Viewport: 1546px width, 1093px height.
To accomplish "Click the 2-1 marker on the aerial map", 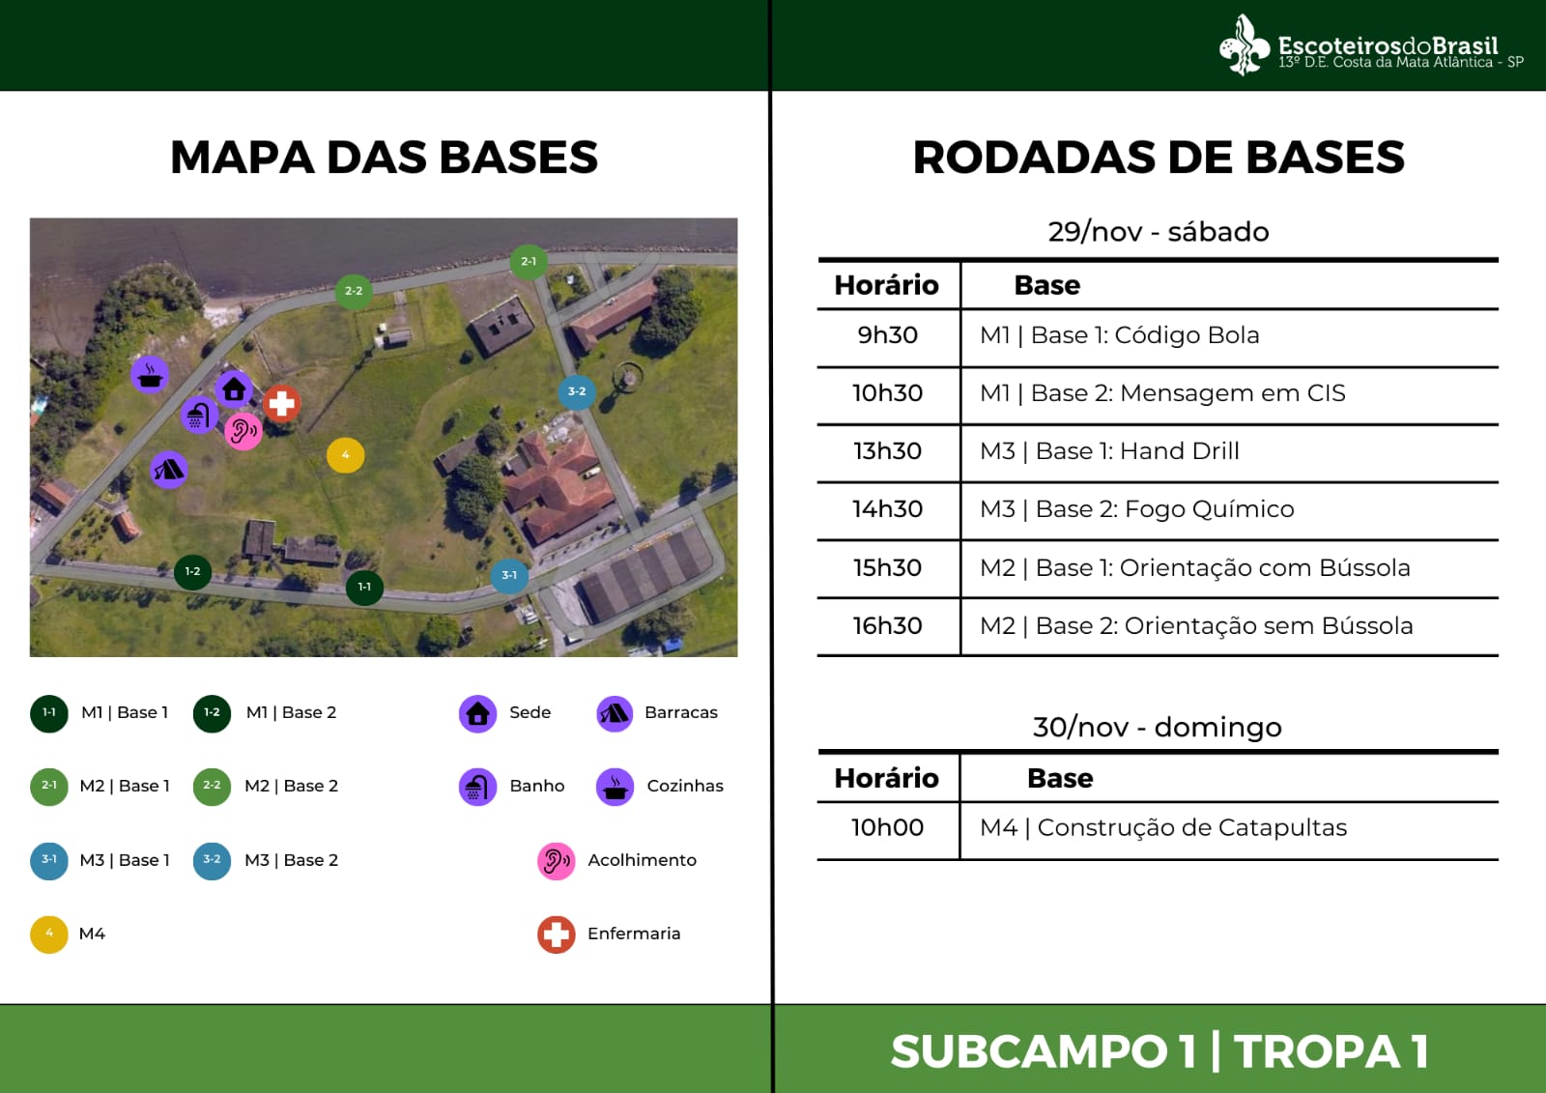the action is pyautogui.click(x=529, y=262).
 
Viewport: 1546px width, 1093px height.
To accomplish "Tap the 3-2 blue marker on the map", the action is pyautogui.click(x=577, y=391).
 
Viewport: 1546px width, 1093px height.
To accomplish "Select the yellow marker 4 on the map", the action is pyautogui.click(x=346, y=455).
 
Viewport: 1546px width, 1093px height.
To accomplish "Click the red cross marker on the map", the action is pyautogui.click(x=281, y=403).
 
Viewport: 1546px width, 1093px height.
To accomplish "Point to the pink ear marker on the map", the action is pyautogui.click(x=243, y=432).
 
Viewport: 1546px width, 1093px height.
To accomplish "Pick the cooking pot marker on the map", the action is pyautogui.click(x=150, y=375).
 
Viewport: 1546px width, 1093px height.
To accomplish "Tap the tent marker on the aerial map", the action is pyautogui.click(x=169, y=470).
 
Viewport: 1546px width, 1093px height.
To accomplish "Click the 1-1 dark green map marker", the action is pyautogui.click(x=364, y=587).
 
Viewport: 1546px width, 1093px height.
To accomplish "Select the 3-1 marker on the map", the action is pyautogui.click(x=509, y=575).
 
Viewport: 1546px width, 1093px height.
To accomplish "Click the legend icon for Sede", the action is pyautogui.click(x=477, y=713).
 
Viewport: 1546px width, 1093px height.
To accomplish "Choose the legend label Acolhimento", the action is pyautogui.click(x=642, y=860).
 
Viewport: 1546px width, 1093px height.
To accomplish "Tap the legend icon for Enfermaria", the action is pyautogui.click(x=557, y=935).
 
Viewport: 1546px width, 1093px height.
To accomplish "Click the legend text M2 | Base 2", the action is pyautogui.click(x=291, y=786).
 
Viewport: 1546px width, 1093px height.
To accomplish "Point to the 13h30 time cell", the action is pyautogui.click(x=888, y=451).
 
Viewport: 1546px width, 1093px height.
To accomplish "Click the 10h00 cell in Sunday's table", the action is pyautogui.click(x=888, y=827).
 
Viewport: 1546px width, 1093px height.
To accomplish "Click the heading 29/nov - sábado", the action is pyautogui.click(x=1159, y=231).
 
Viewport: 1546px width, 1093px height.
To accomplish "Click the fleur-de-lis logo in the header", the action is pyautogui.click(x=1244, y=44).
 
